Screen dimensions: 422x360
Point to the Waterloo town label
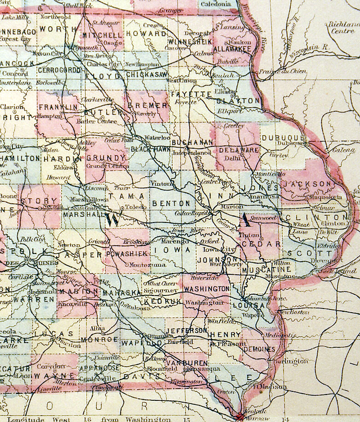pos(160,137)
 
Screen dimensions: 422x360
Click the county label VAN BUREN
pos(186,363)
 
